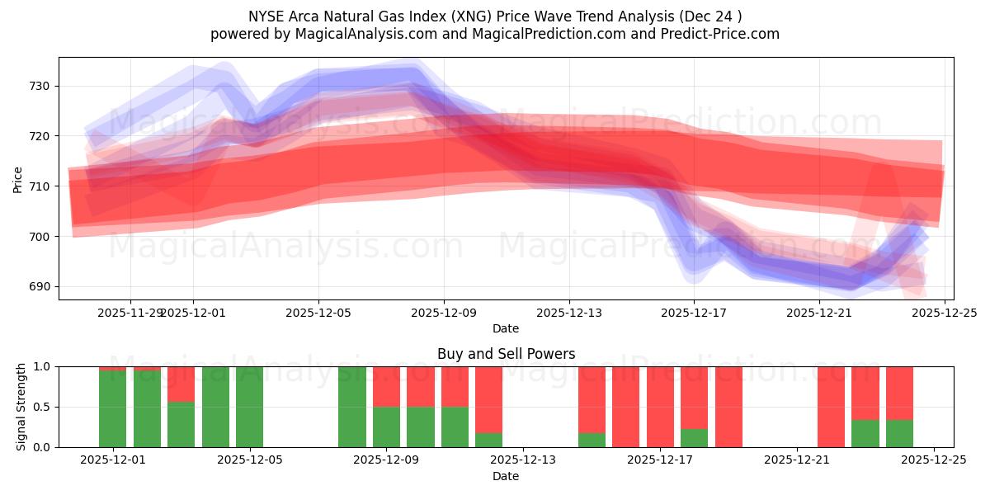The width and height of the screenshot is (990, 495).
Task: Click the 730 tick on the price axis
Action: point(40,87)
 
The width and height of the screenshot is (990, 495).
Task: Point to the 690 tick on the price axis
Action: point(40,287)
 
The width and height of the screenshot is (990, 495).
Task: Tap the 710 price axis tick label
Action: point(40,186)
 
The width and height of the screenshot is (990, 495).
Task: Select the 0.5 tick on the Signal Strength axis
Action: point(42,407)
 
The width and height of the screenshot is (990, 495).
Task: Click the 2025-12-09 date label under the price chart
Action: point(444,313)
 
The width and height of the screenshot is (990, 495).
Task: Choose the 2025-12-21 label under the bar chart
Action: point(797,460)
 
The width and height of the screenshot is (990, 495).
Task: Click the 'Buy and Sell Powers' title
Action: point(506,354)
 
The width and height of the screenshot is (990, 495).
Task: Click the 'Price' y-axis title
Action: point(18,180)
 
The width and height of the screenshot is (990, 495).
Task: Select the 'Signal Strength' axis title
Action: point(21,407)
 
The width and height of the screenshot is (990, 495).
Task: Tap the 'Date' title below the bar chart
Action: point(506,476)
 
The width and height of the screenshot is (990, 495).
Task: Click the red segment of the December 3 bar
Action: point(181,384)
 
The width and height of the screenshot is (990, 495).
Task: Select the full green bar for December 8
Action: point(352,407)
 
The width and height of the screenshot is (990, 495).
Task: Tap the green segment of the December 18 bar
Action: point(694,438)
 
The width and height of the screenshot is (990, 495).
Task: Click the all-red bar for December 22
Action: point(831,407)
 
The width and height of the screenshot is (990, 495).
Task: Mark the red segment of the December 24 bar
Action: point(899,393)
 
